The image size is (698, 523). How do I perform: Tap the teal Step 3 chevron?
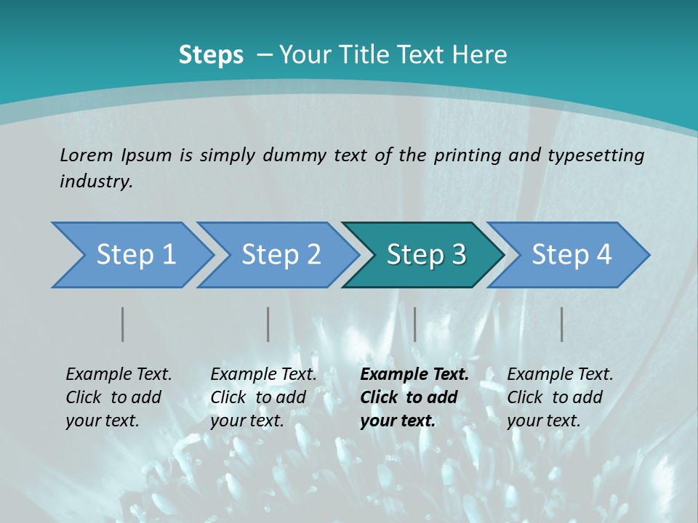coord(426,255)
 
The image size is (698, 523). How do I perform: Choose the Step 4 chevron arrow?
coord(571,255)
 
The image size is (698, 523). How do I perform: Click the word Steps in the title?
coord(211,55)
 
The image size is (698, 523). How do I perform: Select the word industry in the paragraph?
coord(95,182)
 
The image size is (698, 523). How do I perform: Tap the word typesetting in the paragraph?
coord(595,155)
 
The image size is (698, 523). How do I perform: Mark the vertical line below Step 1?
coord(123,324)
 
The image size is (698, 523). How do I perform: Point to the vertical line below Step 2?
coord(268,324)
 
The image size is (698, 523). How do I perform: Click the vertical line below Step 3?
coord(414,324)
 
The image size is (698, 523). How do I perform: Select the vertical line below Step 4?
coord(562,324)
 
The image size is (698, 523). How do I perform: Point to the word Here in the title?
coord(484,55)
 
